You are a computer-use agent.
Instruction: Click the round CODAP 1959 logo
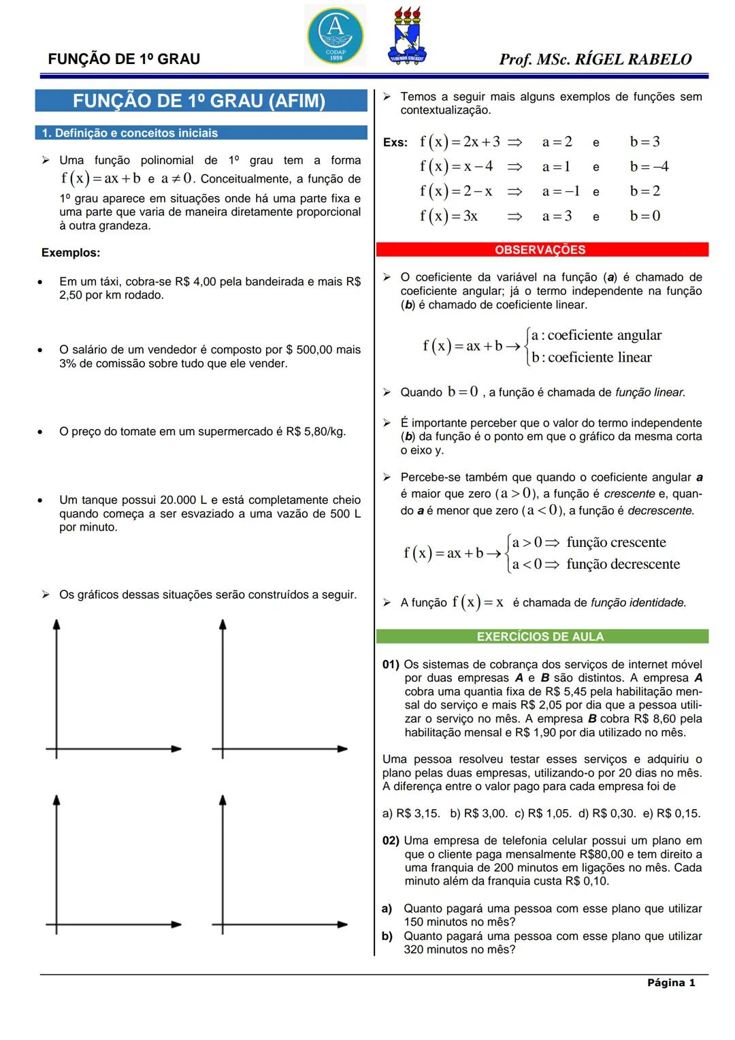coord(335,35)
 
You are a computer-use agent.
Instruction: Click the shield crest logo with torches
coord(407,36)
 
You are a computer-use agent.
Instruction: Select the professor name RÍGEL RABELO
coord(633,59)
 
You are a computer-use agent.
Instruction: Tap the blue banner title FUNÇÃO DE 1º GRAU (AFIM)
coord(199,101)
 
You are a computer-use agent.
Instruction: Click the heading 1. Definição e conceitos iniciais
coord(130,133)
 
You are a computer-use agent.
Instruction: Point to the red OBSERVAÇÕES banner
coord(541,250)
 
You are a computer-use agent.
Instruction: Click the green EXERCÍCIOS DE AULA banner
coord(541,637)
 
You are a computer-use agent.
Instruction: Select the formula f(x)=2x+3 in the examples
coord(460,142)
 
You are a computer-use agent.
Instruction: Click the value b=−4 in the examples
coord(649,167)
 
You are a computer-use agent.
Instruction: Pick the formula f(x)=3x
coord(449,217)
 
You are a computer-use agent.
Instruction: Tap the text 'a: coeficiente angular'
coord(596,335)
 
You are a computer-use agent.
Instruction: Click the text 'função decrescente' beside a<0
coord(623,564)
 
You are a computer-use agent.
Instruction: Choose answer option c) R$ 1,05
coord(542,813)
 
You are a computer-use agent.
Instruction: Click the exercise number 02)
coord(391,840)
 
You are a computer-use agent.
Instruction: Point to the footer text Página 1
coord(671,982)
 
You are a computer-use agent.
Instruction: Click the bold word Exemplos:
coord(71,253)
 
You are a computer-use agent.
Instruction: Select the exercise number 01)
coord(391,664)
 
